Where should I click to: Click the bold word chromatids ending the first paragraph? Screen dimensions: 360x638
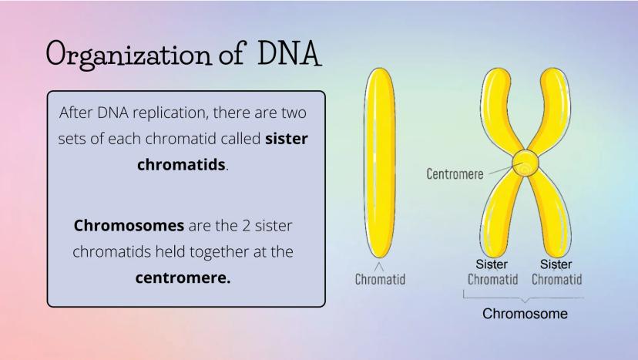coord(182,165)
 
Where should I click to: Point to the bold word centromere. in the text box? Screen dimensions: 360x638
coord(183,277)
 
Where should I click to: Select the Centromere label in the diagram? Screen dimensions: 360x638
coord(455,173)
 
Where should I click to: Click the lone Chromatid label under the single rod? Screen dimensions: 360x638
coord(380,279)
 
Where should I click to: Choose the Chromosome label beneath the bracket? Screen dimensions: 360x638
coord(525,314)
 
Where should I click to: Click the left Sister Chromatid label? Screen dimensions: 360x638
coord(492,271)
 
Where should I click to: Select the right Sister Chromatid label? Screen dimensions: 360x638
coord(556,271)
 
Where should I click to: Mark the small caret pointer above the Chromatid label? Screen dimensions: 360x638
coord(380,266)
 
